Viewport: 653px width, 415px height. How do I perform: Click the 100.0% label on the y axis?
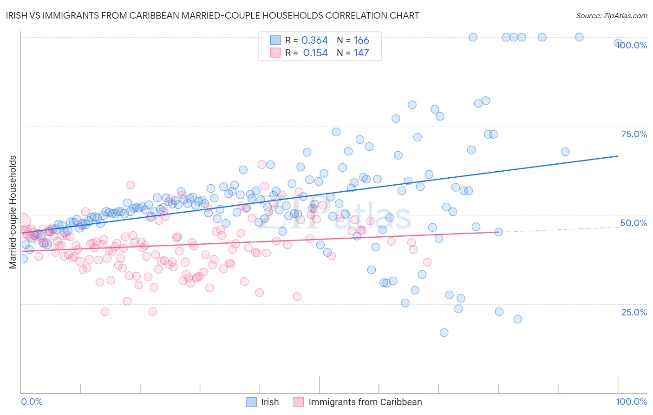click(632, 45)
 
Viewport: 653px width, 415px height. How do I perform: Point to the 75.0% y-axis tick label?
click(634, 134)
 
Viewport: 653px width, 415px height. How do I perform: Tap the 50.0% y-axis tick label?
click(633, 223)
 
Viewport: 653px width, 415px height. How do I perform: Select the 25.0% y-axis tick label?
click(634, 312)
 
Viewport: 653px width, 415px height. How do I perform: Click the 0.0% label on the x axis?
click(32, 402)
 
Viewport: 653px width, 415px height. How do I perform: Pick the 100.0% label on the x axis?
click(631, 402)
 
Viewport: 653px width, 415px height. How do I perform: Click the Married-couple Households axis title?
click(13, 212)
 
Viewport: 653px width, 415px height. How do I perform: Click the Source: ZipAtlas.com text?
click(611, 15)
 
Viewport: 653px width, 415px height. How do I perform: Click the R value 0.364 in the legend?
click(314, 40)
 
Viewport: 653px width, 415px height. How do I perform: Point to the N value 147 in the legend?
click(361, 53)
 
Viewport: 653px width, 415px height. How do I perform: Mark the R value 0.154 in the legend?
click(315, 53)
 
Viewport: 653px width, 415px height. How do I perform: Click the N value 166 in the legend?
click(361, 40)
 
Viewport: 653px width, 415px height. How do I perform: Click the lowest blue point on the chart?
click(444, 333)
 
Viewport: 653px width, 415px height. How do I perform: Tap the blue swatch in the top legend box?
click(275, 40)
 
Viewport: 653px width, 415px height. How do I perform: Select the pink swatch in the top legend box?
click(275, 53)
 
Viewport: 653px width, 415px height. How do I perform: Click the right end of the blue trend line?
click(618, 156)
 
